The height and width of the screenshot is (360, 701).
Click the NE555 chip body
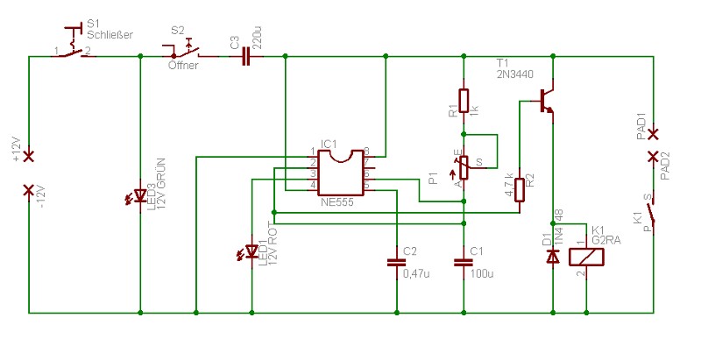pyautogui.click(x=341, y=173)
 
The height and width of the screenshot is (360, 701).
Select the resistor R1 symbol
pyautogui.click(x=464, y=102)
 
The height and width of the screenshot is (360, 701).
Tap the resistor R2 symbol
pyautogui.click(x=520, y=189)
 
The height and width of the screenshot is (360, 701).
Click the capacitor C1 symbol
pyautogui.click(x=464, y=261)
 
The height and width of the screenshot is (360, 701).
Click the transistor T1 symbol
pyautogui.click(x=548, y=98)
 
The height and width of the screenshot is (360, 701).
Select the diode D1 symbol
pyautogui.click(x=553, y=257)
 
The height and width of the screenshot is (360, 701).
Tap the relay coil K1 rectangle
pyautogui.click(x=586, y=257)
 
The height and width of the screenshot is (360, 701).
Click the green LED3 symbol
pyautogui.click(x=140, y=194)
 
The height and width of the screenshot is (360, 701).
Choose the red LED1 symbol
pyautogui.click(x=251, y=252)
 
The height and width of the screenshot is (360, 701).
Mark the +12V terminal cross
pyautogui.click(x=29, y=156)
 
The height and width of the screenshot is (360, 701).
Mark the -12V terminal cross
pyautogui.click(x=29, y=189)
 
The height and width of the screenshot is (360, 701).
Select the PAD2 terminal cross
pyautogui.click(x=653, y=157)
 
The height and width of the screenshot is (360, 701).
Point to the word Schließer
pyautogui.click(x=110, y=35)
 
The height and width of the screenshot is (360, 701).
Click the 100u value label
pyautogui.click(x=483, y=274)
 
